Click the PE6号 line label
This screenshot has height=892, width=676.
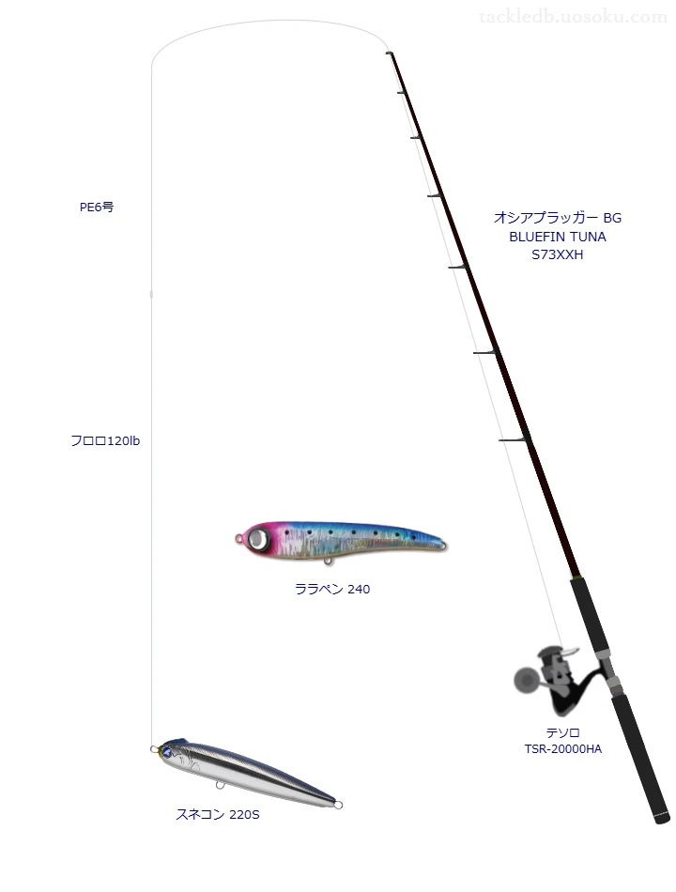click(x=97, y=208)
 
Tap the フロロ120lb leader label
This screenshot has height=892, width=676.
click(x=105, y=440)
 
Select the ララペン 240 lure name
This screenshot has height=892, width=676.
click(x=331, y=590)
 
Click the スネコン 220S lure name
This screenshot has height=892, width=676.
click(x=217, y=814)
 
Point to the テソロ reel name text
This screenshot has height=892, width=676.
click(x=562, y=732)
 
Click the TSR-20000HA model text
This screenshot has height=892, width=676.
click(x=562, y=748)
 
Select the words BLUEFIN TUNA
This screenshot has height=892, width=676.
click(x=557, y=236)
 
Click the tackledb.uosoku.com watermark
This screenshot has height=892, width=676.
click(x=573, y=17)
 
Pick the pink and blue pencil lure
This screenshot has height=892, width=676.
click(x=343, y=542)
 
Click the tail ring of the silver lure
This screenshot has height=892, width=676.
click(x=338, y=804)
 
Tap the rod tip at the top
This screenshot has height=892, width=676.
click(x=388, y=54)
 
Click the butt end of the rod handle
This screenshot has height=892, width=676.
click(x=661, y=819)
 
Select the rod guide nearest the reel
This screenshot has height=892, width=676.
click(x=515, y=438)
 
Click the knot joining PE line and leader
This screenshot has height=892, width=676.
click(x=152, y=295)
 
